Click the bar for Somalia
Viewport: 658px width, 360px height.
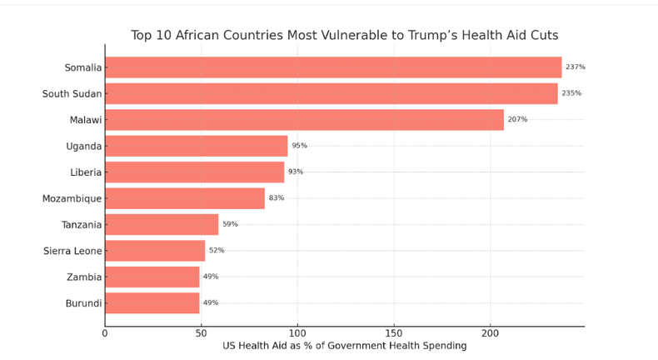[x=333, y=67]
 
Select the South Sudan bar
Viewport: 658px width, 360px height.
[x=331, y=93]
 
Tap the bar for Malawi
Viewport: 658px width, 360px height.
[x=304, y=120]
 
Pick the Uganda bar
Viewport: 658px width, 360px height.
[x=196, y=146]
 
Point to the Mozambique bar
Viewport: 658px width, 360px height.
[x=184, y=198]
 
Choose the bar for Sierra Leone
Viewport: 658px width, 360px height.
[x=155, y=251]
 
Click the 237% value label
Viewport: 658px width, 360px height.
[x=575, y=67]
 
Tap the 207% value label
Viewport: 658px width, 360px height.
[x=517, y=119]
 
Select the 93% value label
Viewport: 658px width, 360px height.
[x=296, y=172]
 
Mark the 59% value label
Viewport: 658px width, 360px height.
[x=230, y=224]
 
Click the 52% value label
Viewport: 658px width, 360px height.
[x=217, y=250]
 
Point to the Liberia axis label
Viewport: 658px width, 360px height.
[x=86, y=172]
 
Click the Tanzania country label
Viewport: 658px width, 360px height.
[x=82, y=225]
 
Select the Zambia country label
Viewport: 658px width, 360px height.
[x=84, y=277]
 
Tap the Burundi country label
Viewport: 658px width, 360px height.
[x=83, y=303]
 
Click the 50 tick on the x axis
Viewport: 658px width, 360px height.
[x=201, y=333]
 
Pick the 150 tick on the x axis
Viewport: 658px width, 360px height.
[x=394, y=333]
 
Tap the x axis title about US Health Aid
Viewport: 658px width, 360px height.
[x=344, y=346]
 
